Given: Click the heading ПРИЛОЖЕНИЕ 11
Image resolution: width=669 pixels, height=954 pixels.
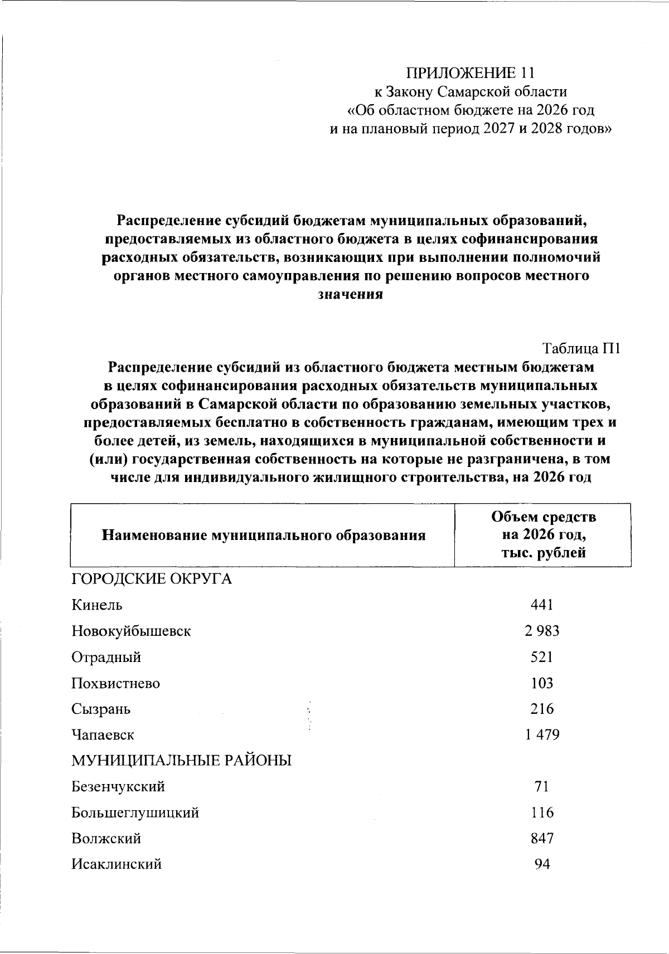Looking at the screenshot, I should pyautogui.click(x=471, y=73).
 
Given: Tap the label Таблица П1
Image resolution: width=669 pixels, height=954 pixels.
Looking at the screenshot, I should pyautogui.click(x=581, y=349).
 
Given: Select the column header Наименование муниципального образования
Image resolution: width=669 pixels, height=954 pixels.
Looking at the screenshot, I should pyautogui.click(x=263, y=536).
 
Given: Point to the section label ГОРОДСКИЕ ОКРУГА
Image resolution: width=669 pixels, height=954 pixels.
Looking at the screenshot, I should pyautogui.click(x=152, y=580).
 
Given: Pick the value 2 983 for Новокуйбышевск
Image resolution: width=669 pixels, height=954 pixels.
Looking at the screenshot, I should pyautogui.click(x=541, y=631).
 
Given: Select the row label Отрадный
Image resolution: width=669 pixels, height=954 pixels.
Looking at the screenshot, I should pyautogui.click(x=106, y=658).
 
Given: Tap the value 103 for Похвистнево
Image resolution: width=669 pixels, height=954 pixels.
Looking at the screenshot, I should pyautogui.click(x=542, y=683).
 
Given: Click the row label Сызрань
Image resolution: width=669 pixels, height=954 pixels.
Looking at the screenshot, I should pyautogui.click(x=101, y=709).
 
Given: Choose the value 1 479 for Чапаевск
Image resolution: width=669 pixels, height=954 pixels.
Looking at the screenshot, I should pyautogui.click(x=542, y=735).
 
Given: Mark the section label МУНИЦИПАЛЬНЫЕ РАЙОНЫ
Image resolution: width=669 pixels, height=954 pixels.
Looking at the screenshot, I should pyautogui.click(x=182, y=761).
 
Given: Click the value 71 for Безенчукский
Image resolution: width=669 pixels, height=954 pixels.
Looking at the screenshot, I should pyautogui.click(x=542, y=787).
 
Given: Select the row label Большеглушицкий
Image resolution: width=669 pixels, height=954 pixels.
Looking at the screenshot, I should pyautogui.click(x=135, y=813).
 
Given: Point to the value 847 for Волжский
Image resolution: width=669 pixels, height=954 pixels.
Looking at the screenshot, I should pyautogui.click(x=542, y=839).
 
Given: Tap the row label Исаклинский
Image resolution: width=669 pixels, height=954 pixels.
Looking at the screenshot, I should pyautogui.click(x=117, y=865).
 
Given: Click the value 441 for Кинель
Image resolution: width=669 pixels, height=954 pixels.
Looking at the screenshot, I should pyautogui.click(x=542, y=605).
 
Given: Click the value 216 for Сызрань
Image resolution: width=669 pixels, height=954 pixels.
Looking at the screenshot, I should pyautogui.click(x=542, y=709).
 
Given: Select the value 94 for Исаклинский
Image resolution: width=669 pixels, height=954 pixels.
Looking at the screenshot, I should pyautogui.click(x=542, y=865).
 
